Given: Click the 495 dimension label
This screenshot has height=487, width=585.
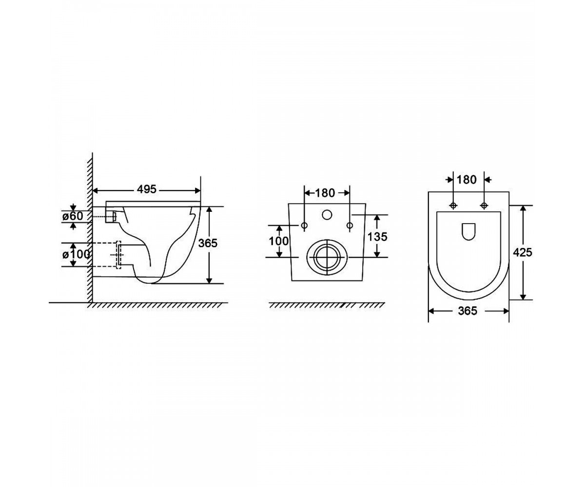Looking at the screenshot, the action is (x=146, y=189).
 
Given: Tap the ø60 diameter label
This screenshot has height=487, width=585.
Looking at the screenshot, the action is (x=73, y=216).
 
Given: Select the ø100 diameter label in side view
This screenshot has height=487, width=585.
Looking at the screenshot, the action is (x=76, y=254).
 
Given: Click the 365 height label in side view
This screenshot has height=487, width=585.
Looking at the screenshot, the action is (x=208, y=243).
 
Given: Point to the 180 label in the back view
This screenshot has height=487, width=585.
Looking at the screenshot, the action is (x=325, y=193).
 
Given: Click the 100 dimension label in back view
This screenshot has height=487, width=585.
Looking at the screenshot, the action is (x=278, y=241).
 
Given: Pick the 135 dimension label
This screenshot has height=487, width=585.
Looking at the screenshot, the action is (x=377, y=237).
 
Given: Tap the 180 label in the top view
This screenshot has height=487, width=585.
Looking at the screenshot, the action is (x=467, y=180).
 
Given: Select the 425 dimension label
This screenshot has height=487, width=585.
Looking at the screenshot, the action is (x=523, y=253).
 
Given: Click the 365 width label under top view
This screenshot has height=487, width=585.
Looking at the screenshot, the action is (x=468, y=311).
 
